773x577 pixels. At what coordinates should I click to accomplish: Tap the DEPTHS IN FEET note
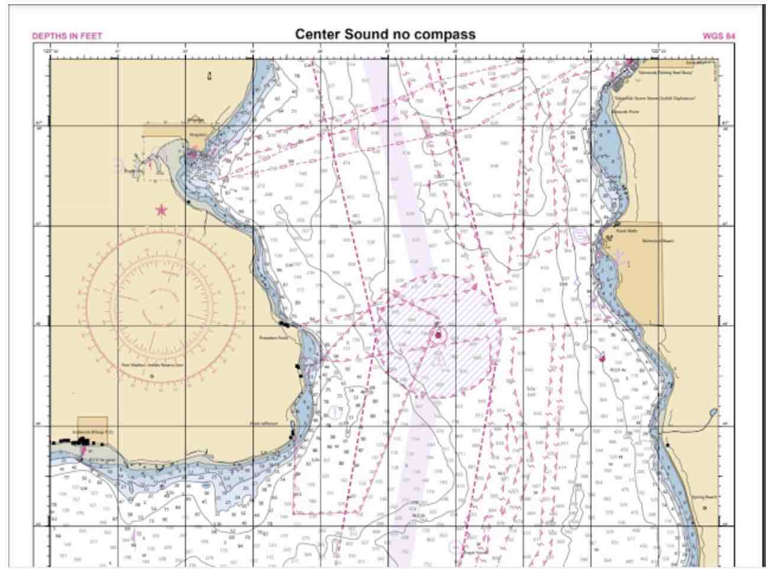[67, 36]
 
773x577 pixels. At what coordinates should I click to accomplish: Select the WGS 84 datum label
[719, 36]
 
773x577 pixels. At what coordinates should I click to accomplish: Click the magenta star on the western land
[161, 210]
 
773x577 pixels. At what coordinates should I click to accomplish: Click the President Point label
[273, 338]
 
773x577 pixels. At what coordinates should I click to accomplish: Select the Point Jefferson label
[263, 424]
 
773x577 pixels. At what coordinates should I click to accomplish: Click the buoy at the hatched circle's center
[439, 336]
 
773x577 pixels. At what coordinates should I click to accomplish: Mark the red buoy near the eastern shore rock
[603, 358]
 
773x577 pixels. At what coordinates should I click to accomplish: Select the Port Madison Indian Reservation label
[153, 366]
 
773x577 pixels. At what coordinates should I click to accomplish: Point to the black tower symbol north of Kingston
[209, 76]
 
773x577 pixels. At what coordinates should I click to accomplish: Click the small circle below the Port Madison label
[152, 376]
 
